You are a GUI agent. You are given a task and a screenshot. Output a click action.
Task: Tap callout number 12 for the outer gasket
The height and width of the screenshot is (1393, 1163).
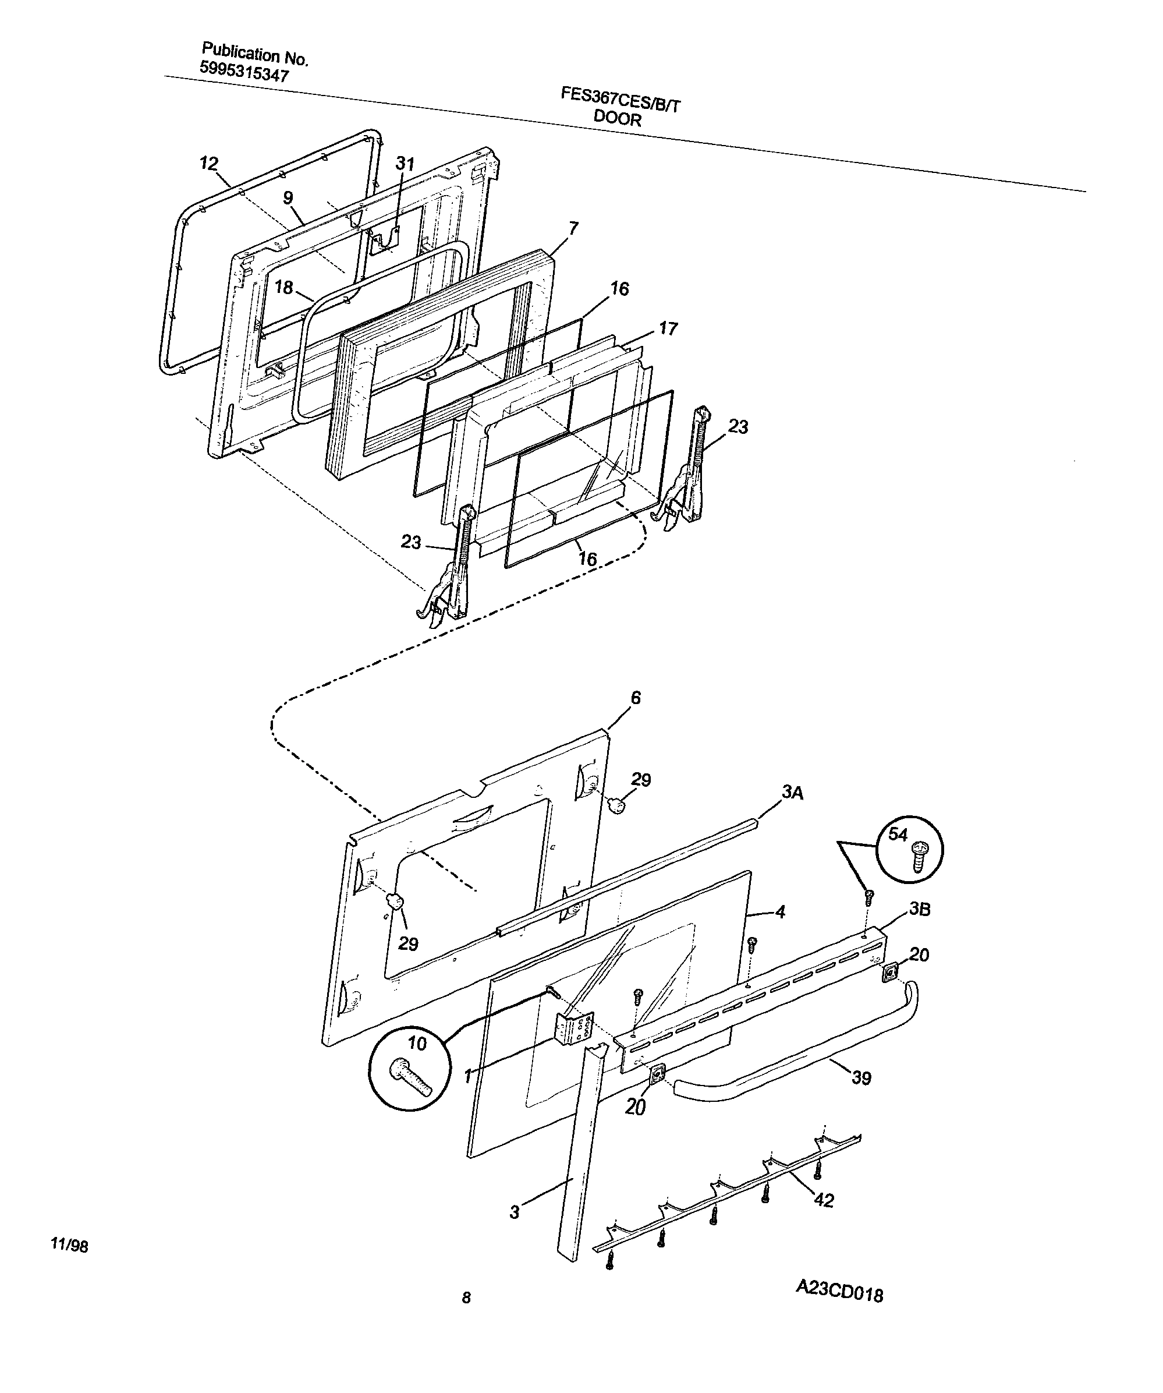click(x=210, y=163)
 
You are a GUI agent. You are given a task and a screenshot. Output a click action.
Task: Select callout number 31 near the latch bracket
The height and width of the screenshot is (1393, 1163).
click(x=405, y=164)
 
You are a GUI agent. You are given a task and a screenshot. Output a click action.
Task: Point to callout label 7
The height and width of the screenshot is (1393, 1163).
click(x=573, y=228)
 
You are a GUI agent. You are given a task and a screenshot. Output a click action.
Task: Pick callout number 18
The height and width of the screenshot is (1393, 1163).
click(x=284, y=287)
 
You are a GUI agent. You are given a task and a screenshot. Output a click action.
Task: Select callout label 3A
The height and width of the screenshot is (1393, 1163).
click(x=792, y=792)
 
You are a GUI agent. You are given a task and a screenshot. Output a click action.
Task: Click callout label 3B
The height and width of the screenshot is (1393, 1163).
click(x=919, y=910)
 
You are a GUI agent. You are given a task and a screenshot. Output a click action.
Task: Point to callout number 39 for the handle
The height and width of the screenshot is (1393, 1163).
click(x=861, y=1079)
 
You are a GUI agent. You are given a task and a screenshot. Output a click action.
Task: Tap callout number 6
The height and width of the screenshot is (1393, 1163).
click(x=636, y=697)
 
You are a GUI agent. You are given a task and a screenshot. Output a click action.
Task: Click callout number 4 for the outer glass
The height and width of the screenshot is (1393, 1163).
click(x=780, y=912)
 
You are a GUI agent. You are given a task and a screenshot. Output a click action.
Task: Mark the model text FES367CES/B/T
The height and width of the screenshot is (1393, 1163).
click(x=620, y=100)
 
